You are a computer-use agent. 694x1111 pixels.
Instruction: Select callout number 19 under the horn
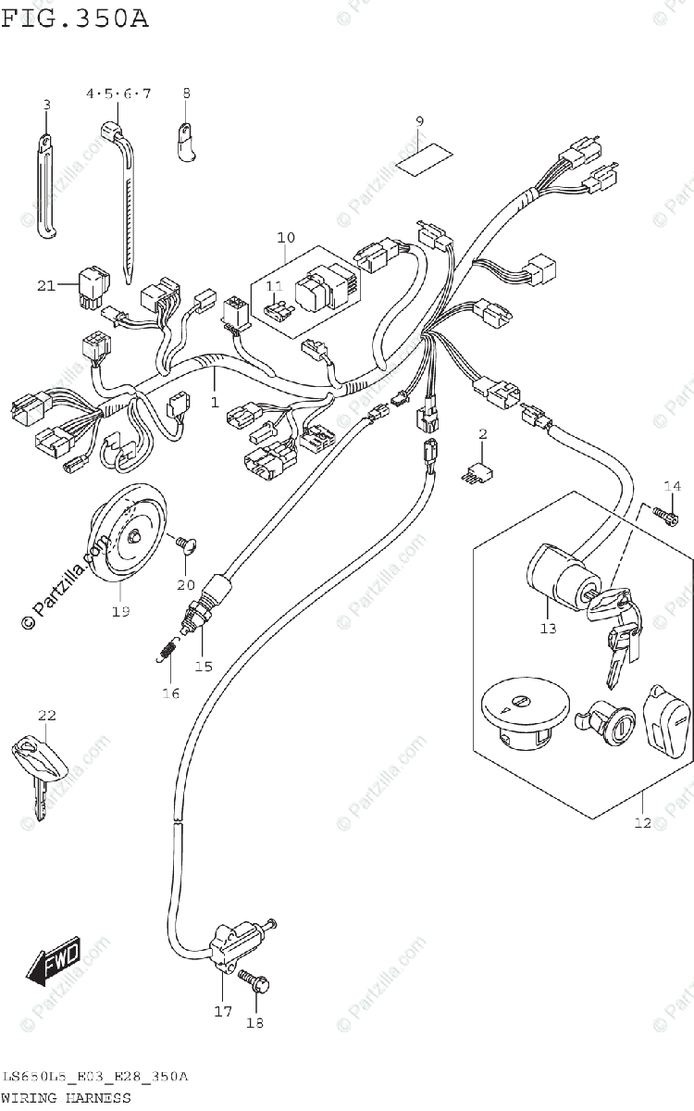[x=120, y=611]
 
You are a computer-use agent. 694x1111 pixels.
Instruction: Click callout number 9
[x=419, y=122]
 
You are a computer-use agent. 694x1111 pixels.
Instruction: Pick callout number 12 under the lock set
[x=642, y=822]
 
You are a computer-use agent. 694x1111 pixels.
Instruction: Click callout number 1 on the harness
[x=214, y=403]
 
